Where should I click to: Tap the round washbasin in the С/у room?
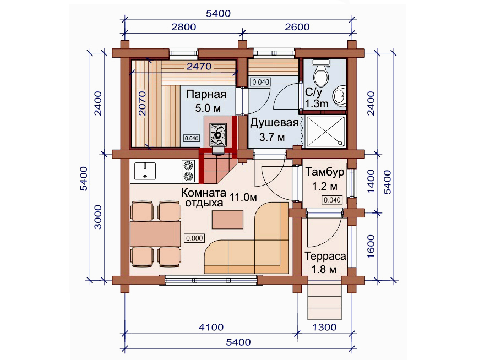pos(339,96)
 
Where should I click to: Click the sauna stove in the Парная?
pos(218,134)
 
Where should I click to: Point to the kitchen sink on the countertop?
pos(145,171)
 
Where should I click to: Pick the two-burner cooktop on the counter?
pos(188,171)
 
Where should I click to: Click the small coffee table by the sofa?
pos(227,220)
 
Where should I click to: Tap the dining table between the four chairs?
pos(155,234)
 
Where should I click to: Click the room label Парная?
pos(206,94)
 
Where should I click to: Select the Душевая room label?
pos(274,123)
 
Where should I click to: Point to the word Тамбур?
pos(324,172)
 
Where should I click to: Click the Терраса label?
pos(325,256)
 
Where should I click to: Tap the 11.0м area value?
pos(243,197)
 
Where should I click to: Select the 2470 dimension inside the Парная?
pos(199,66)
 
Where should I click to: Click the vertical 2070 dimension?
pos(143,103)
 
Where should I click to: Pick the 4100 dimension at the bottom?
pos(211,328)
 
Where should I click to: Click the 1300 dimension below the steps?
pos(324,328)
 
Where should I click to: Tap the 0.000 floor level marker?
pos(194,238)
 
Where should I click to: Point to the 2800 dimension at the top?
pos(183,27)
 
